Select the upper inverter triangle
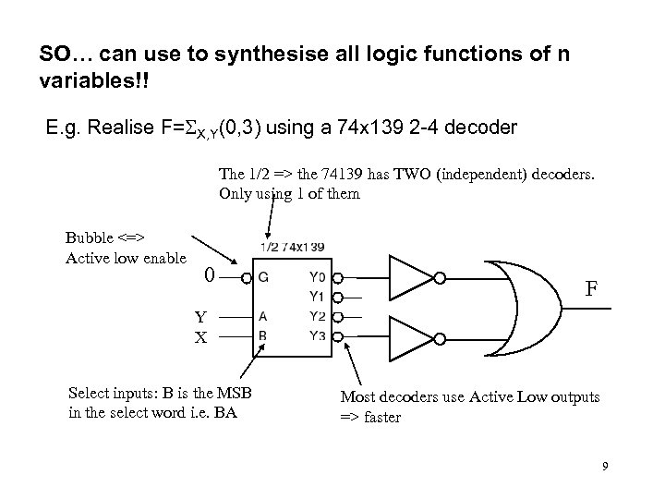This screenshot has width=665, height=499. (x=411, y=276)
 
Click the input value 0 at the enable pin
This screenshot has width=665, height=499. (x=212, y=274)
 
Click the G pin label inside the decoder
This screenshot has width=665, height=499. (x=264, y=276)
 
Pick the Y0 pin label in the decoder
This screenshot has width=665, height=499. (x=318, y=276)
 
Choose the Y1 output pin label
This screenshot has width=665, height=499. (x=318, y=297)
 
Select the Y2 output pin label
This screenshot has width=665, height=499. (x=318, y=316)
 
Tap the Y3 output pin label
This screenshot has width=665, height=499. (x=318, y=335)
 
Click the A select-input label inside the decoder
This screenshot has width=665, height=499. (x=264, y=316)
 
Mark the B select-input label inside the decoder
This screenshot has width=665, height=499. (x=264, y=335)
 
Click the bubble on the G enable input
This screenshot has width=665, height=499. (x=248, y=276)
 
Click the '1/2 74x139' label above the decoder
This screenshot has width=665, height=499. (x=291, y=247)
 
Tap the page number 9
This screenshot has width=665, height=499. (x=605, y=466)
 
